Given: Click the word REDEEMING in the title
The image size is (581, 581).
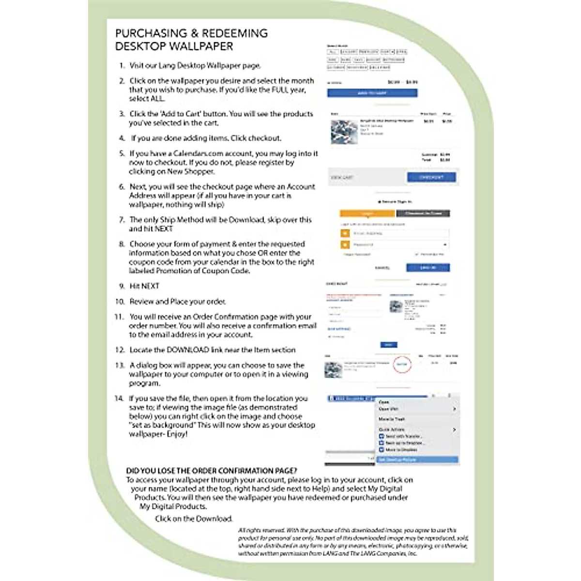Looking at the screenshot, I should click(234, 33).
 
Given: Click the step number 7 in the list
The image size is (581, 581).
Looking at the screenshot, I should click(122, 220).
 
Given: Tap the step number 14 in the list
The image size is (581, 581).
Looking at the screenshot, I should click(119, 398).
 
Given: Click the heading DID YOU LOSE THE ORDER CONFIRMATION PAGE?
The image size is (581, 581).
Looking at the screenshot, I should click(212, 471).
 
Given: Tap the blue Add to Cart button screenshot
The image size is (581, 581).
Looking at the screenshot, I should click(372, 93).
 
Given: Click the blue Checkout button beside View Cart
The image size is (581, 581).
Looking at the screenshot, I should click(431, 177).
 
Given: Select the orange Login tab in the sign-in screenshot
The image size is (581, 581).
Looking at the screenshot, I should click(367, 214).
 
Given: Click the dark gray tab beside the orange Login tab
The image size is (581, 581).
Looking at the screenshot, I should click(423, 214).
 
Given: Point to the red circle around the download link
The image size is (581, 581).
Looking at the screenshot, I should click(402, 364).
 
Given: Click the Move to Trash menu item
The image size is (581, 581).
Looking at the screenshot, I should click(392, 419).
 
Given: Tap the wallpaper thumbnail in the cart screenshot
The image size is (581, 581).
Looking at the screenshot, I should click(344, 132).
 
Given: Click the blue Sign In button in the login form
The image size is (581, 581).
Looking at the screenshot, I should click(428, 267).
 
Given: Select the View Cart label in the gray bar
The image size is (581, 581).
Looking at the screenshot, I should click(342, 178).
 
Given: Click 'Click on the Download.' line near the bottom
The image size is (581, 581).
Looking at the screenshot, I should click(194, 519).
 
